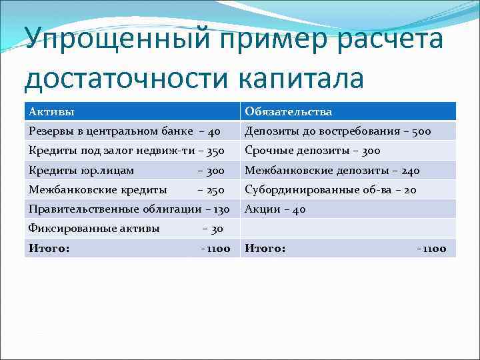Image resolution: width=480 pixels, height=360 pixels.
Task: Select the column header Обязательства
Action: pyautogui.click(x=288, y=111)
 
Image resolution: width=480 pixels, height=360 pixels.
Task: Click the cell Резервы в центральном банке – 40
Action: pyautogui.click(x=124, y=131)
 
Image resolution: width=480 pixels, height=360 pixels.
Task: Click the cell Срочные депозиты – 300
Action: pyautogui.click(x=312, y=151)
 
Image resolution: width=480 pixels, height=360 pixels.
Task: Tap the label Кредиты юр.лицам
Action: pyautogui.click(x=81, y=171)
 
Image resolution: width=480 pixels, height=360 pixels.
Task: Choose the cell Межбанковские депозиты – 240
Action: pyautogui.click(x=332, y=171)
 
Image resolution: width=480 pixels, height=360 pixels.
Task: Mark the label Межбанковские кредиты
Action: pyautogui.click(x=98, y=190)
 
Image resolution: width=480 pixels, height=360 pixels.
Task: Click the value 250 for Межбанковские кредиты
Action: pyautogui.click(x=215, y=190)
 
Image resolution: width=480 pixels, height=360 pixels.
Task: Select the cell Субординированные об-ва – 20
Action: pyautogui.click(x=331, y=190)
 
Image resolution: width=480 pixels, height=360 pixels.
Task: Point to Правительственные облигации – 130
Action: pyautogui.click(x=129, y=209)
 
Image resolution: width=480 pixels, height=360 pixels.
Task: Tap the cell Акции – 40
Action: pyautogui.click(x=275, y=209)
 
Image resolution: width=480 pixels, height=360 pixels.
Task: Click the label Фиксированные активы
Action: pyautogui.click(x=94, y=229)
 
